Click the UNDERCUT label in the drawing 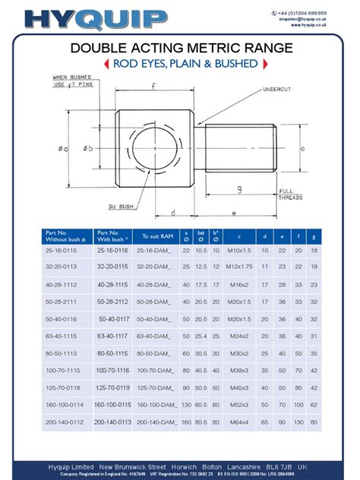tap(278, 90)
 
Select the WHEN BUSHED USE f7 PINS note tap(72, 81)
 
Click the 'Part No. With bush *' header tap(112, 236)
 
